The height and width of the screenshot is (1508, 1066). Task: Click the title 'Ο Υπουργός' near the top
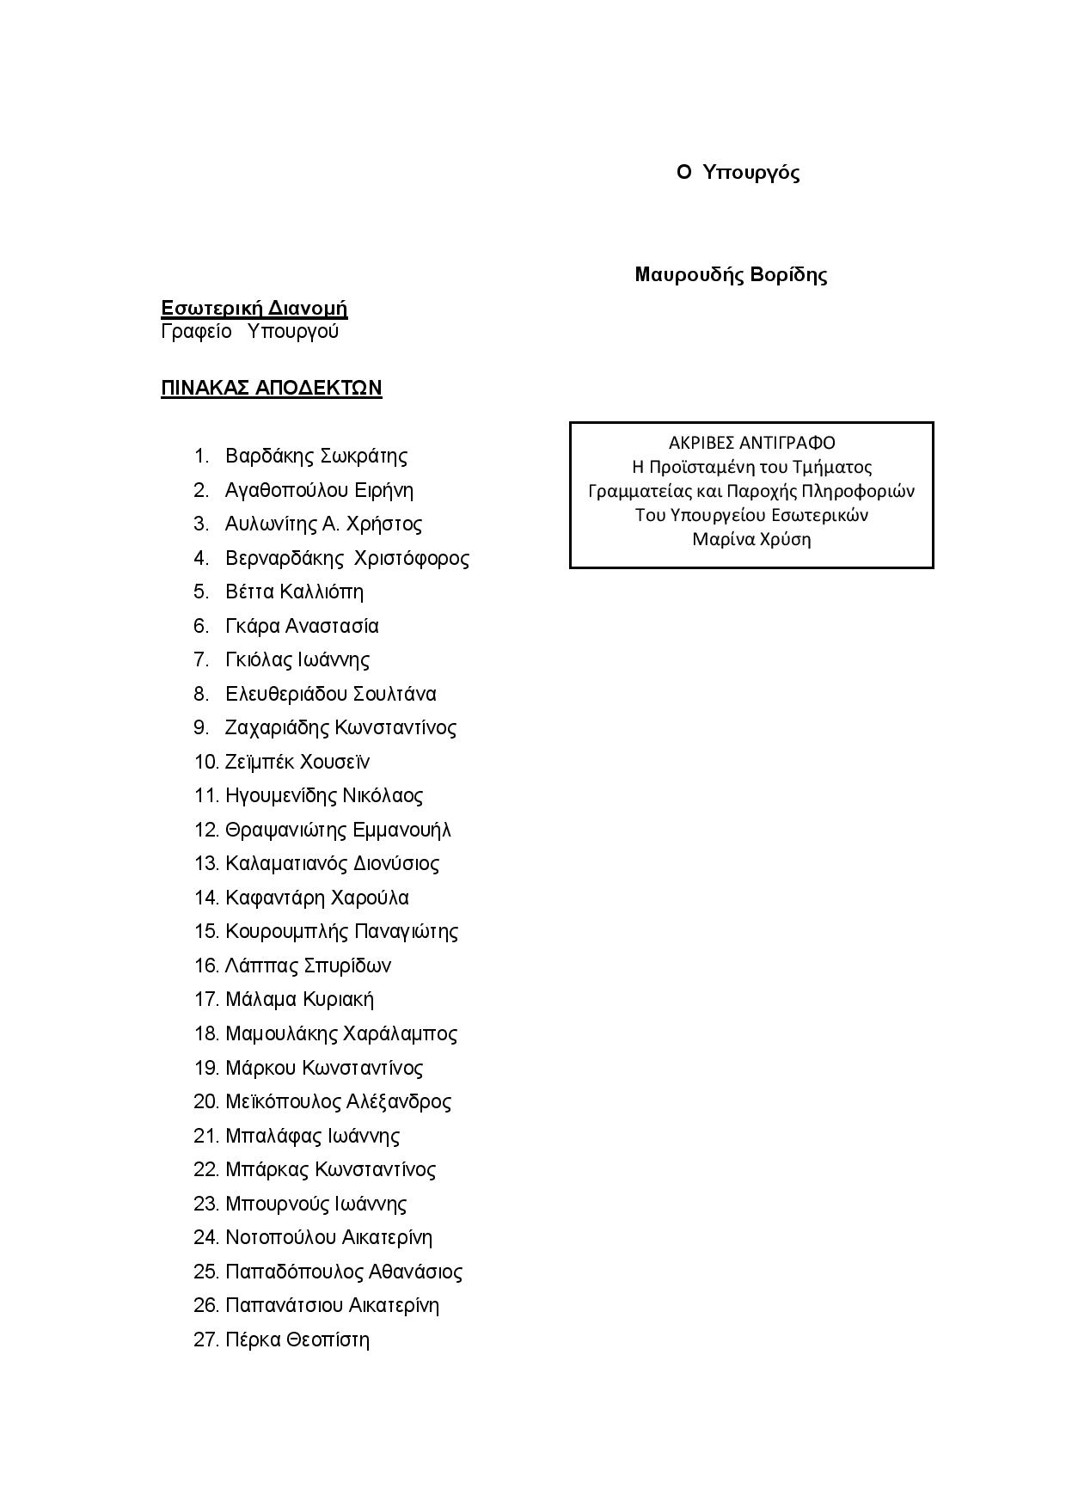(738, 173)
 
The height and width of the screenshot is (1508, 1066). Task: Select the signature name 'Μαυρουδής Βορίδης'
(731, 275)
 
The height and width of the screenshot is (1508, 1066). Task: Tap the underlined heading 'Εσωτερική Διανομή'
(254, 309)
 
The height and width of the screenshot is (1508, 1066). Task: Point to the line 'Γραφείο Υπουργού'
(250, 332)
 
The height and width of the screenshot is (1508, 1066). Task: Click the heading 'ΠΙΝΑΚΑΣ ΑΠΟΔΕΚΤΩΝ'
(272, 389)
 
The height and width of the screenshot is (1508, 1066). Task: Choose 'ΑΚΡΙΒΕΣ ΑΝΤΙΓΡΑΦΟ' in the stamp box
(751, 443)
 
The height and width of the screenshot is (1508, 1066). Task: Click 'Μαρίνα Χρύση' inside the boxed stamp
(751, 539)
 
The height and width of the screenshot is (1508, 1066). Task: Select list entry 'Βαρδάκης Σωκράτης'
(316, 456)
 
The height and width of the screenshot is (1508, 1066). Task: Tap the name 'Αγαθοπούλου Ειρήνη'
(319, 490)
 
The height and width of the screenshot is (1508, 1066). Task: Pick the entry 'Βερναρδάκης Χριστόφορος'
(347, 558)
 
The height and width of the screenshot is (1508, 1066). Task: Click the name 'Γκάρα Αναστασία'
(302, 626)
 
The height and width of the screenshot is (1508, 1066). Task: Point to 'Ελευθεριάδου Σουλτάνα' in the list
(331, 694)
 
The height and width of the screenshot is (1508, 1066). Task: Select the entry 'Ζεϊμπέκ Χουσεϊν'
(297, 762)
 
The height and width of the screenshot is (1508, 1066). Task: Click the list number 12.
(206, 830)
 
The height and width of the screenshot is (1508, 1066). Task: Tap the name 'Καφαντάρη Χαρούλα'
(317, 898)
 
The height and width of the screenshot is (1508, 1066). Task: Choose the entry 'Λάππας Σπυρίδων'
(308, 965)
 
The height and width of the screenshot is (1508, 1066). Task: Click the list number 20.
(206, 1101)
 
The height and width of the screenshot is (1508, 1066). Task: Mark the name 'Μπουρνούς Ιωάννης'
(316, 1204)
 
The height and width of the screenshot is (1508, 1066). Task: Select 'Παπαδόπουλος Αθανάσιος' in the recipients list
(344, 1272)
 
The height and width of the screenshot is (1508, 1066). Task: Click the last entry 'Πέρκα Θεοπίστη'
(297, 1339)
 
